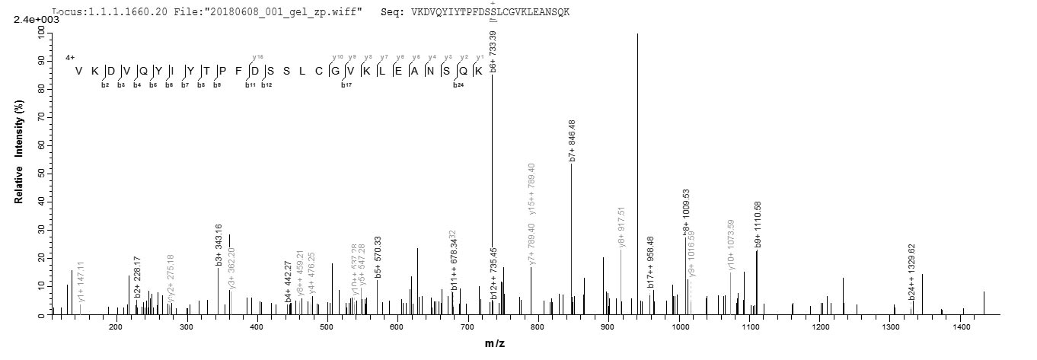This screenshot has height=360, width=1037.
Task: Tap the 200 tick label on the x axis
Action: click(x=116, y=327)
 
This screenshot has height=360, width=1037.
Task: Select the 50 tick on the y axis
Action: click(x=42, y=174)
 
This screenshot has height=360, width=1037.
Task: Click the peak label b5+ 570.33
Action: click(x=378, y=259)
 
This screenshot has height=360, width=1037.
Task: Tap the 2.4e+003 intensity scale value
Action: click(x=37, y=20)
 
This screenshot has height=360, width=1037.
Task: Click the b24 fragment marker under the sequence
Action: click(x=458, y=84)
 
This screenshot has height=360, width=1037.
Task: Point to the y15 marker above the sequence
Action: click(x=257, y=57)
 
